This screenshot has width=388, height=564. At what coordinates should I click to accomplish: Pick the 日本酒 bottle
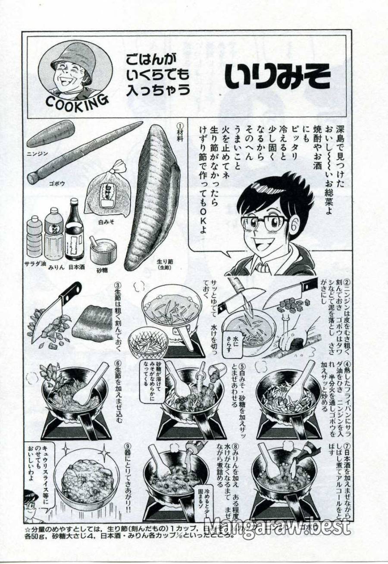74,231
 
